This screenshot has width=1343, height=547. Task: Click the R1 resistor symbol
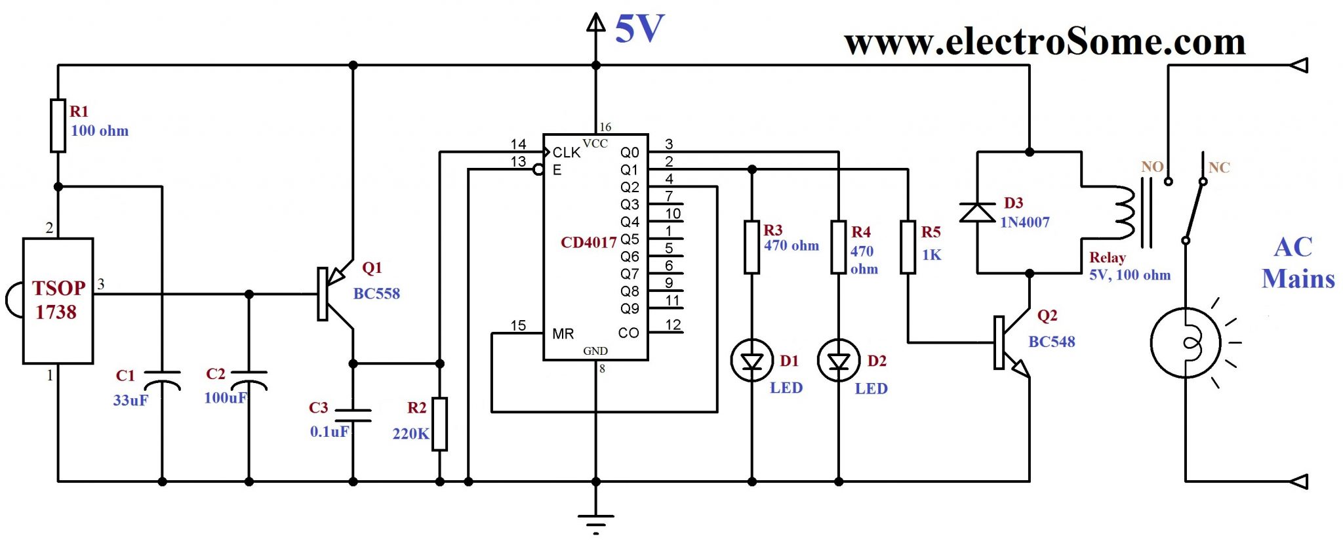pos(58,125)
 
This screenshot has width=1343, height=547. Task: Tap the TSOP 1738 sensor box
pos(58,300)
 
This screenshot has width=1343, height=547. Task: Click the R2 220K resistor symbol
pos(440,424)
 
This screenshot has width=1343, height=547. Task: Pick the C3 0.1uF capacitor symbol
pos(353,415)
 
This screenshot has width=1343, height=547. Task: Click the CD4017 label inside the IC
pos(588,243)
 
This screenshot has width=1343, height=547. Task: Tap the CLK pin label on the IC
pos(566,153)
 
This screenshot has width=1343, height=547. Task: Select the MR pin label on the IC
pos(563,334)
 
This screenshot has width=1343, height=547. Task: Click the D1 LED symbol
pos(752,361)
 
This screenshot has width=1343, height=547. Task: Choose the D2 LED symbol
pos(839,361)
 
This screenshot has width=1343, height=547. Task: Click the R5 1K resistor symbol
pos(908,247)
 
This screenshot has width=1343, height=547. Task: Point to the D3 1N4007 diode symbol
pos(977,213)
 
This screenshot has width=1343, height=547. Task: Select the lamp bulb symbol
pos(1186,343)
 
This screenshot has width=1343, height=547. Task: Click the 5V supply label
pos(639,30)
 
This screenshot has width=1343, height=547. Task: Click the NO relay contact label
pos(1152,167)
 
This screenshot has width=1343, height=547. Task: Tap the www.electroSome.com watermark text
pos(1045,43)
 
